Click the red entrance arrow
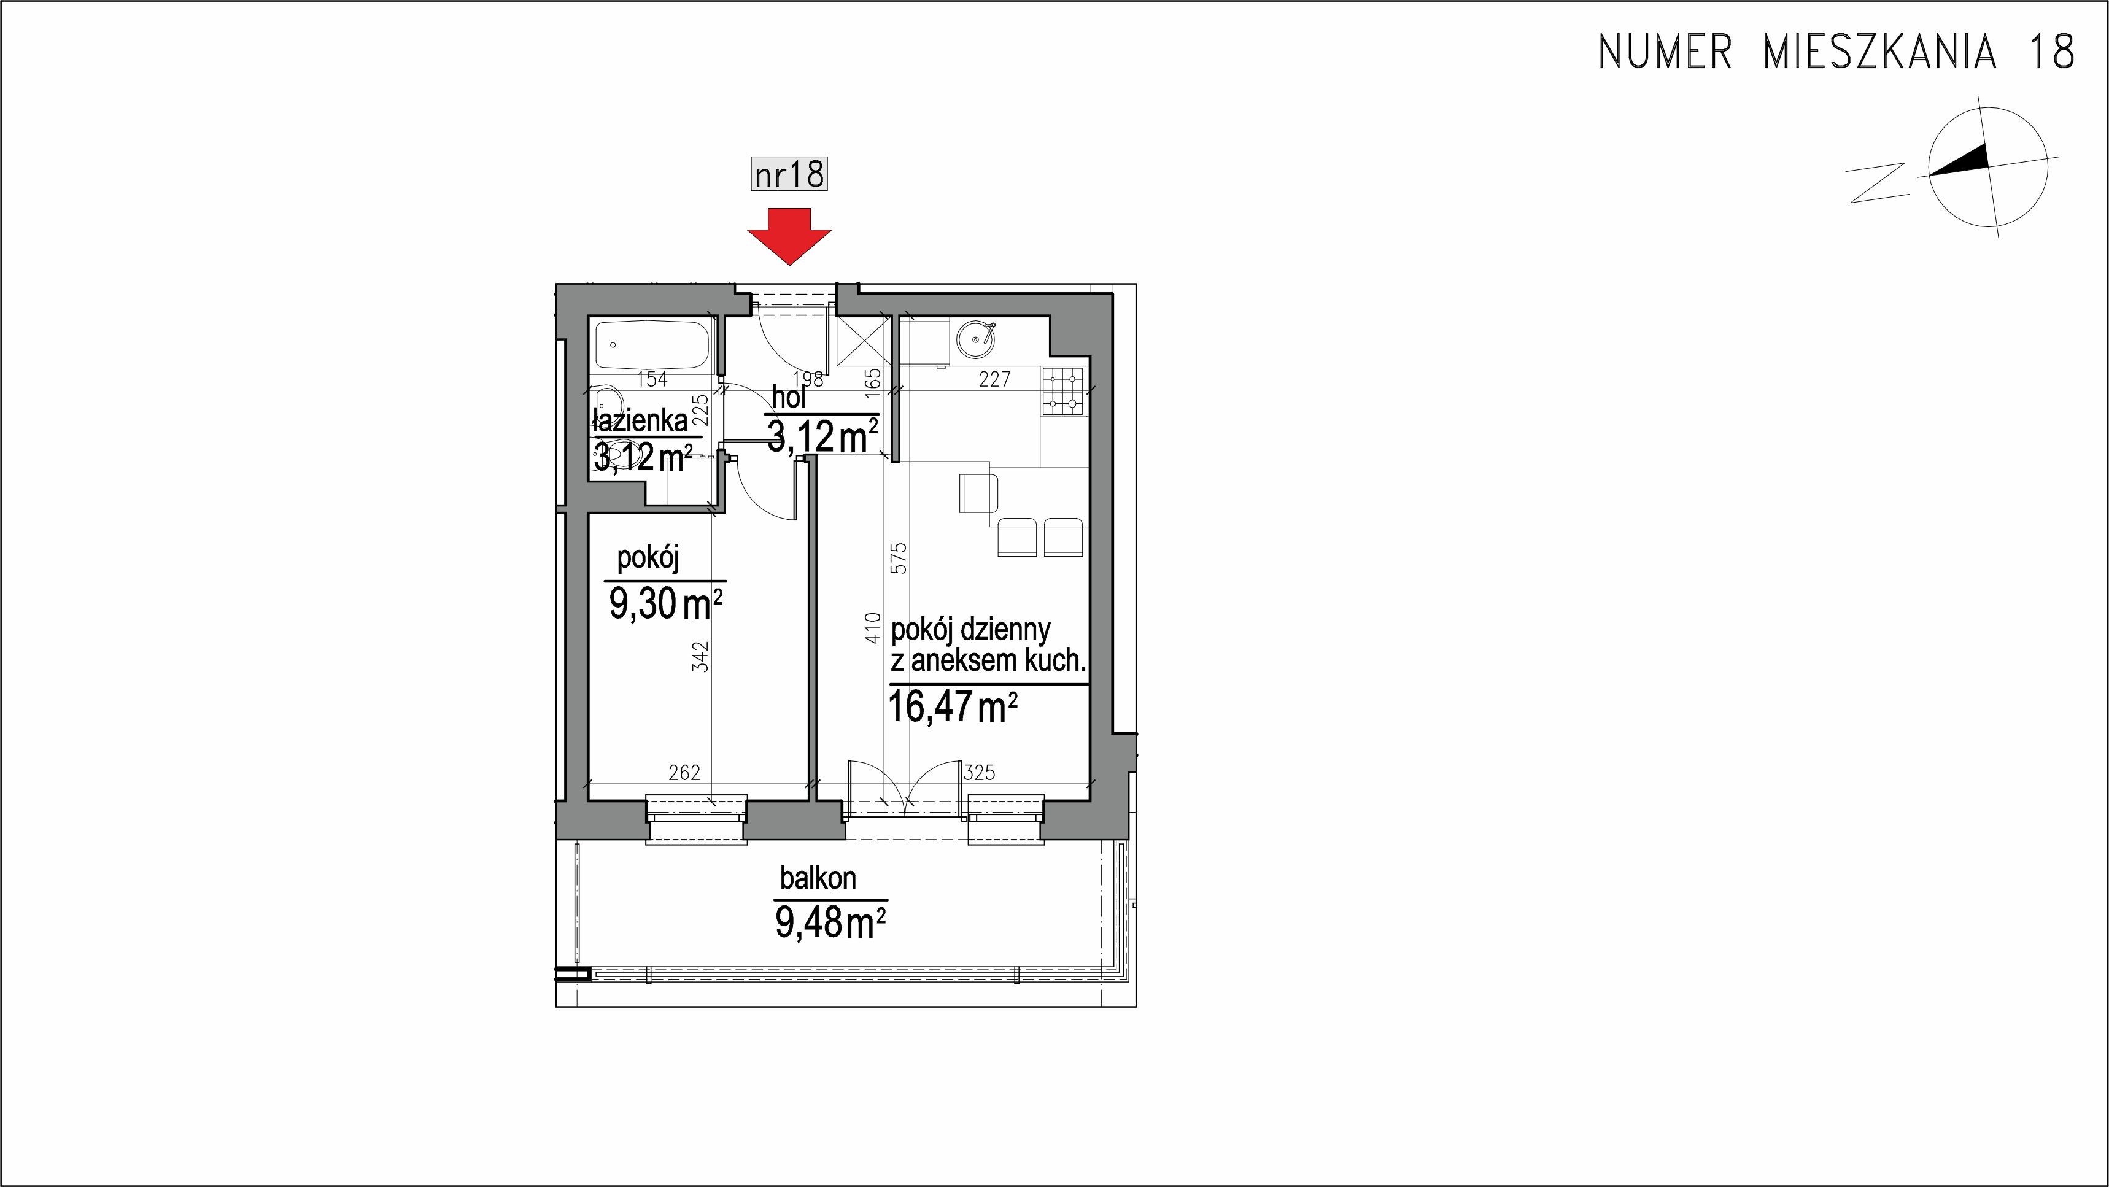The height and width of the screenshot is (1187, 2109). [789, 236]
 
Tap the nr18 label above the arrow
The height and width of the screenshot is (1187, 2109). [789, 174]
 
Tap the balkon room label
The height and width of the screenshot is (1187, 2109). [818, 878]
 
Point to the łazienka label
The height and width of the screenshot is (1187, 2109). [640, 421]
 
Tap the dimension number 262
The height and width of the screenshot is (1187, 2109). [684, 772]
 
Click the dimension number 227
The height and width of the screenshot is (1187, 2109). [995, 379]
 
